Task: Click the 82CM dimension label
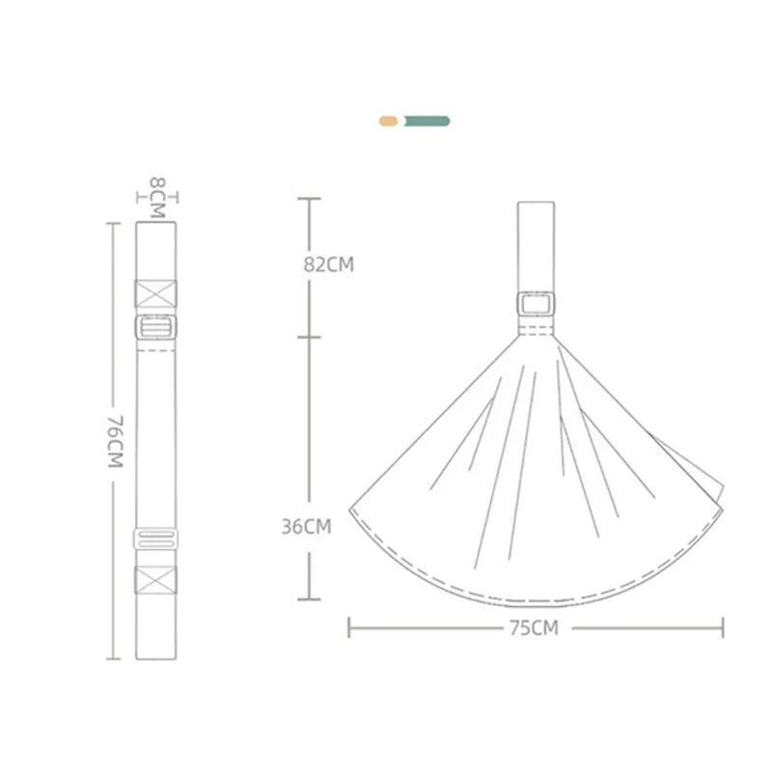coord(328,264)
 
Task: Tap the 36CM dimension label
coord(306,527)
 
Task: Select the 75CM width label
coord(535,628)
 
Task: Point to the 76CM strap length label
coord(116,442)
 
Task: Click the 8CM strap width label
coord(157,198)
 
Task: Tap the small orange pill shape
coord(389,122)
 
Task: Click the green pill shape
coord(427,122)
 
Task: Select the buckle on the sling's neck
coord(536,303)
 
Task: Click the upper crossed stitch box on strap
coord(155,294)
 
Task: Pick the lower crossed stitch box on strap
coord(155,580)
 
